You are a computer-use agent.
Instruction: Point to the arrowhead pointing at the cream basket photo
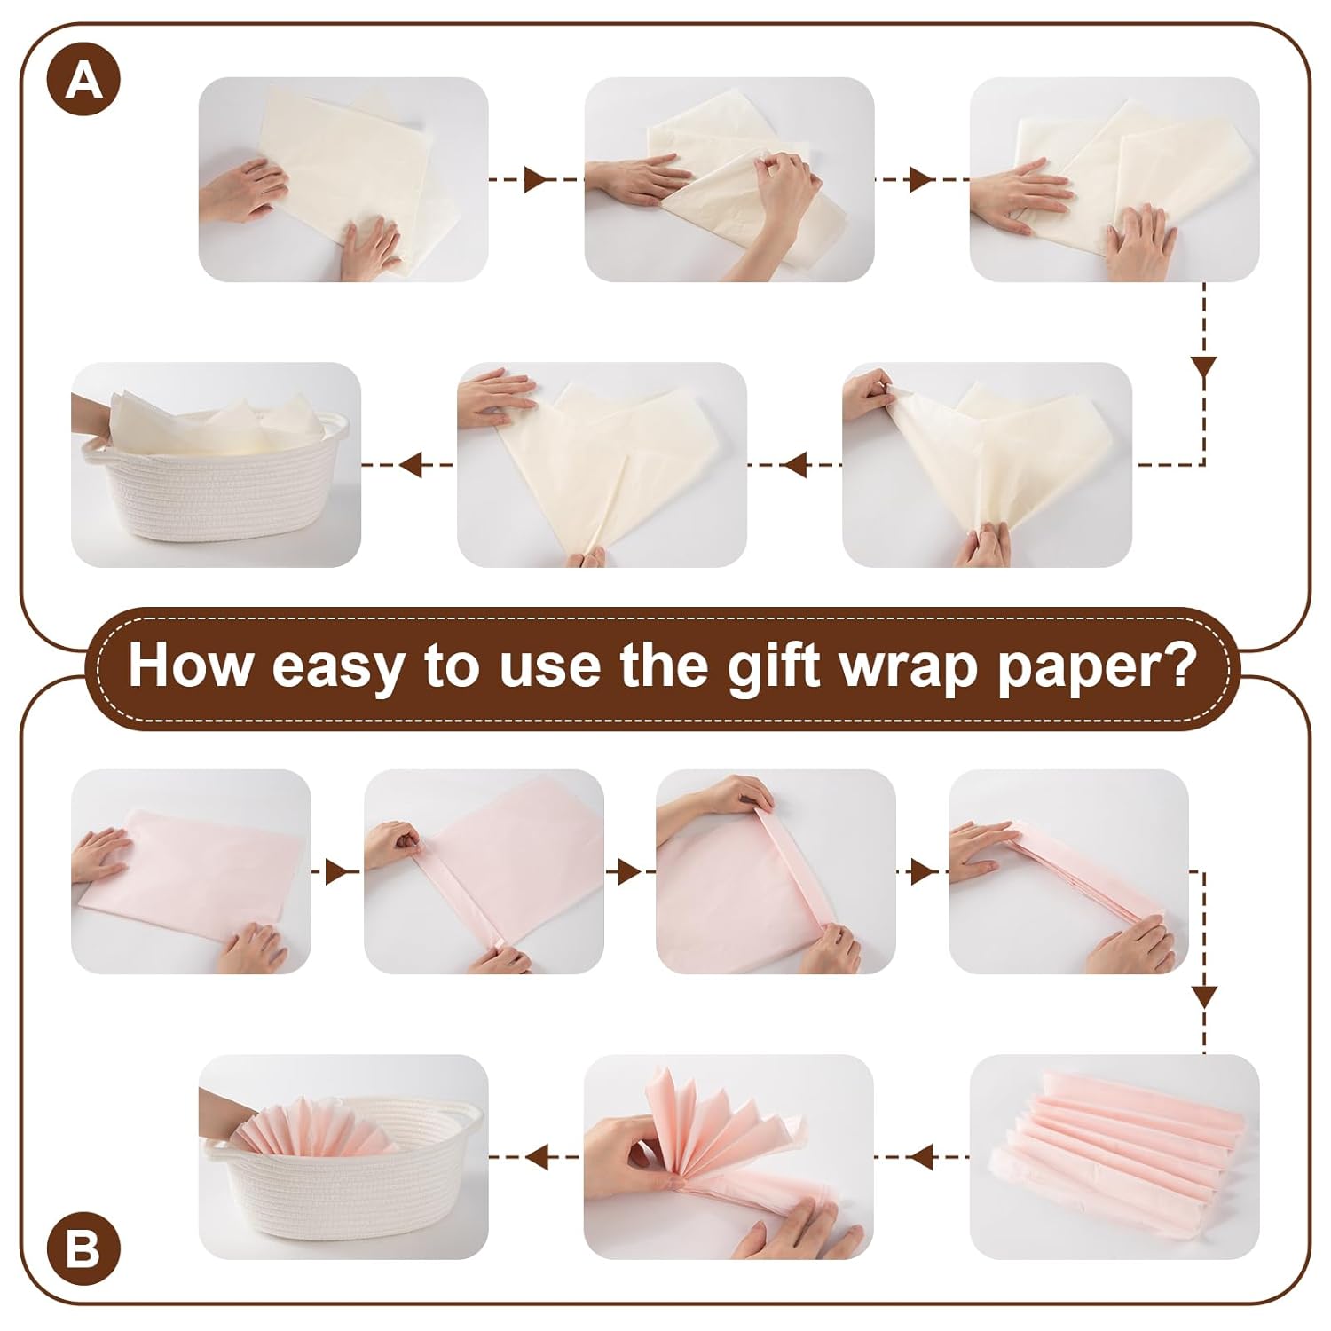pyautogui.click(x=410, y=463)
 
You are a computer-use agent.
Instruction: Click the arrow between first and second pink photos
pyautogui.click(x=336, y=871)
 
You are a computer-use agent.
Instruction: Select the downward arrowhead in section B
pyautogui.click(x=1204, y=995)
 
